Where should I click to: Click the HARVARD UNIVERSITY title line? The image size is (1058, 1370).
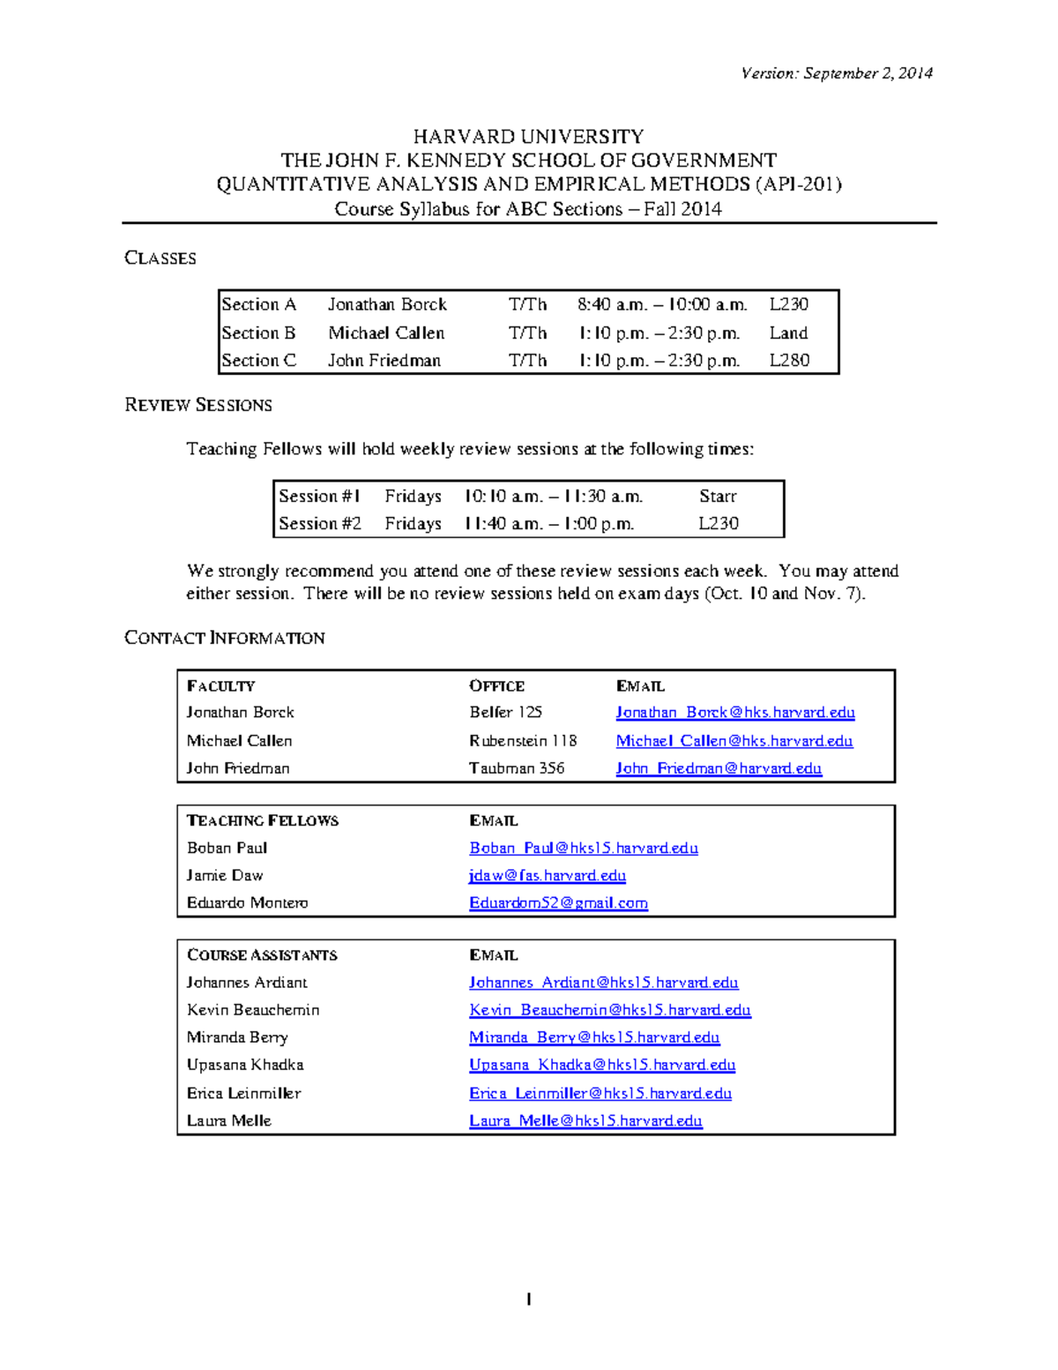coord(528,137)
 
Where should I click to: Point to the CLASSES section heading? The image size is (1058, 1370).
coord(160,258)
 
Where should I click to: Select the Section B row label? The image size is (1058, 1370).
coord(258,333)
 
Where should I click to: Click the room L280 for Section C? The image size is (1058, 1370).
coord(789,360)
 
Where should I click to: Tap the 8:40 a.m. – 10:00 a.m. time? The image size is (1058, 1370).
coord(662,304)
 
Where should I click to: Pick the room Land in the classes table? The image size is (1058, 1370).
coord(788,333)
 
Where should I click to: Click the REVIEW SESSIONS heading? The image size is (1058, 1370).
coord(198,405)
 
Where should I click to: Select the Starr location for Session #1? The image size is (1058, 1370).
coord(718,496)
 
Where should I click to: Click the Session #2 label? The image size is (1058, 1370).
coord(320,523)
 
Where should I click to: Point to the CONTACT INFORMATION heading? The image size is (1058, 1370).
coord(225,638)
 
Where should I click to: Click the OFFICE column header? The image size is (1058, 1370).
coord(496,686)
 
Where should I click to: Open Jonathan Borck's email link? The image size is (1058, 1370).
coord(734,712)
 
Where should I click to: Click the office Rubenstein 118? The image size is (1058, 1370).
coord(523,740)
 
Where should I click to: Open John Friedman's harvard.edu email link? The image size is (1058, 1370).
coord(719,767)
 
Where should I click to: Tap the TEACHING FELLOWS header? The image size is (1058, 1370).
coord(263,820)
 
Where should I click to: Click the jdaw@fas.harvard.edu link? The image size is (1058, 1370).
coord(548,875)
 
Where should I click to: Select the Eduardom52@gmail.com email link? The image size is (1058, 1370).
coord(558,902)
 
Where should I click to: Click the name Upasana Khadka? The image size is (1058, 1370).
coord(245,1065)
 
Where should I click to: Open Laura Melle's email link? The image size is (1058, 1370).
coord(585,1120)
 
